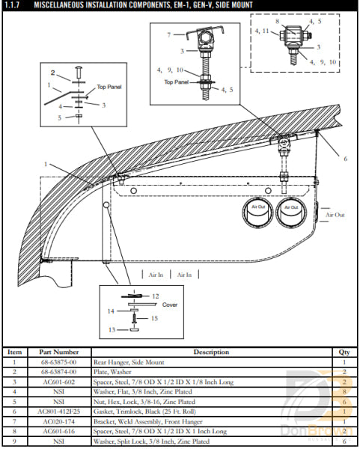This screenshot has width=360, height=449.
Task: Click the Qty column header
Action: click(x=344, y=352)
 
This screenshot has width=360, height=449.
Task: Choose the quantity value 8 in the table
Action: click(x=344, y=391)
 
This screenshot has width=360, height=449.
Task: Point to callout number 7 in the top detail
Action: click(x=168, y=35)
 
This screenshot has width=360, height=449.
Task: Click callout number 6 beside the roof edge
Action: click(x=345, y=159)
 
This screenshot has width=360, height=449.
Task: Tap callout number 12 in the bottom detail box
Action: click(x=155, y=297)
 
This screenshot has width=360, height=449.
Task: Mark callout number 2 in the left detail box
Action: click(x=52, y=73)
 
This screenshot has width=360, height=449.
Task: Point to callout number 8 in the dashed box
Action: click(x=277, y=23)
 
